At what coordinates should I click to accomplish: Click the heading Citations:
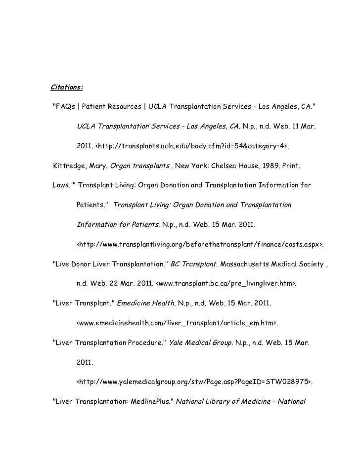tap(67, 88)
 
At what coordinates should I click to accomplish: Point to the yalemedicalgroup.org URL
tap(195, 381)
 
